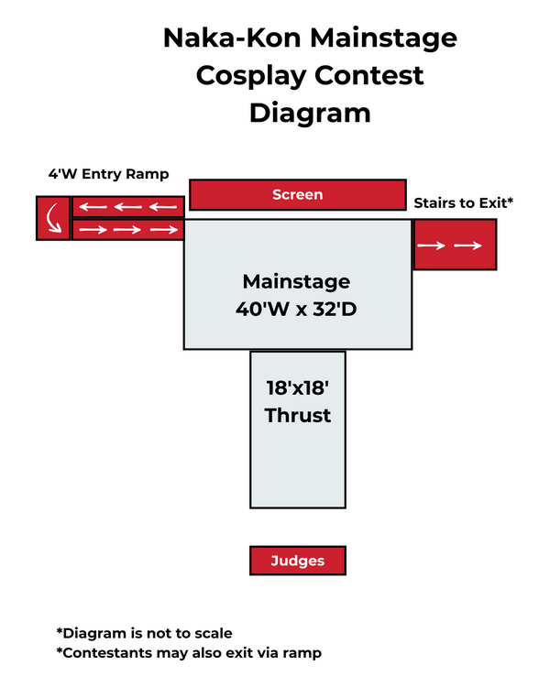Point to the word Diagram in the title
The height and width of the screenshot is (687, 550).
310,113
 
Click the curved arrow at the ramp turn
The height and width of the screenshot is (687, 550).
53,218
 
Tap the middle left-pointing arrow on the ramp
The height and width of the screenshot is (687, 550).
127,206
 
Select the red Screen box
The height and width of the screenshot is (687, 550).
298,194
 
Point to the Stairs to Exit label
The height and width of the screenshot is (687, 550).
463,202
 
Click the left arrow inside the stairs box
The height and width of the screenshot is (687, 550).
434,245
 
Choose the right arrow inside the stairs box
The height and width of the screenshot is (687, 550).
469,245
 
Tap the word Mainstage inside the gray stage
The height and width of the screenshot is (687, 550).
296,280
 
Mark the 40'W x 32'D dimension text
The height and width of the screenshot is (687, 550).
296,310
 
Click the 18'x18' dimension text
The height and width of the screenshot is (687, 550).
298,387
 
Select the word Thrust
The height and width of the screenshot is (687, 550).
298,415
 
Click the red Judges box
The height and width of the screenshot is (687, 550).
298,561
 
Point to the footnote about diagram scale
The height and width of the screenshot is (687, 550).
145,633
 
